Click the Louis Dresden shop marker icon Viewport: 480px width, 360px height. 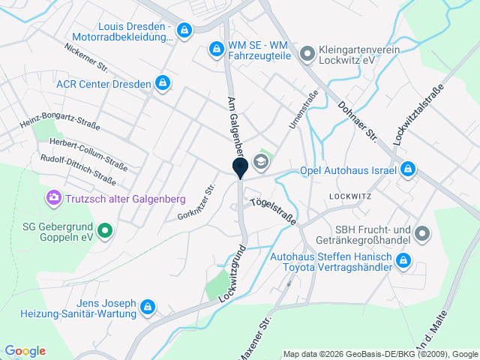pos(184,31)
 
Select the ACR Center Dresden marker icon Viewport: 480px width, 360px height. pos(162,82)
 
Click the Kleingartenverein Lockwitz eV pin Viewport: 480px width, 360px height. pos(306,54)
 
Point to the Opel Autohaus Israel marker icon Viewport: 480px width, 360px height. pos(407,169)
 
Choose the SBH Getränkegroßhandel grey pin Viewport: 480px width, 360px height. pos(422,234)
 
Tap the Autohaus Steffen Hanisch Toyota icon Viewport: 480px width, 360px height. pos(403,261)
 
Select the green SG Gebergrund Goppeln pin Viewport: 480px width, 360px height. pos(105,229)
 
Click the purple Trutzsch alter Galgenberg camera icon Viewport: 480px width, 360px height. pos(53,198)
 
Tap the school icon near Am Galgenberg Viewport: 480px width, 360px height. pos(260,160)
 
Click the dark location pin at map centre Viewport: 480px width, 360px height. pos(240,168)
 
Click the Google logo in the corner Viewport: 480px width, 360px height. pos(25,350)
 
